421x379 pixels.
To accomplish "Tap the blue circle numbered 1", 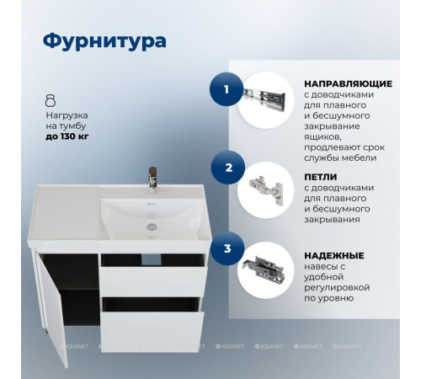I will [225, 88].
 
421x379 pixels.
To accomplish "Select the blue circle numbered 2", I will [228, 167].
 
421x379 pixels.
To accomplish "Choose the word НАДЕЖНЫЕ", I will [333, 254].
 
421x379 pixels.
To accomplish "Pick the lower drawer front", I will [152, 328].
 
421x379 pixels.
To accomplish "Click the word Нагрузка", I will [67, 112].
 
